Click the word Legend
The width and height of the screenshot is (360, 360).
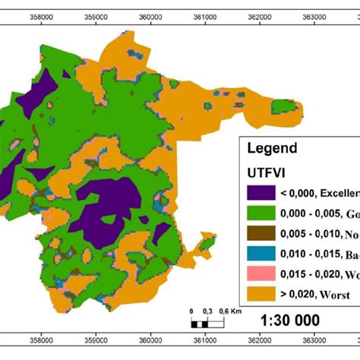[x=271, y=149]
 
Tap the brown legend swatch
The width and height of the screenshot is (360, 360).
[x=263, y=235]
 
